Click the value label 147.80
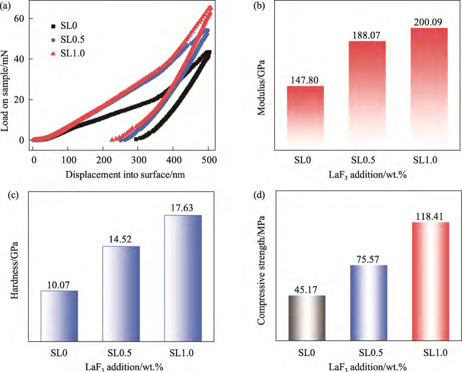coord(305,80)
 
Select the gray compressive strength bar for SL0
coord(307,318)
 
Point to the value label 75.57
coord(368,259)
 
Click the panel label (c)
coord(7,196)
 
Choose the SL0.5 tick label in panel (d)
coord(369,353)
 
